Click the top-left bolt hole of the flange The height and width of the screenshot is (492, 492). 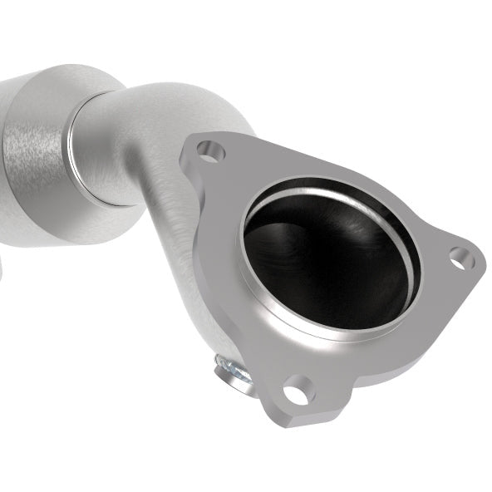click(210, 152)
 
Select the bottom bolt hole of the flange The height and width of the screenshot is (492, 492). click(298, 387)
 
